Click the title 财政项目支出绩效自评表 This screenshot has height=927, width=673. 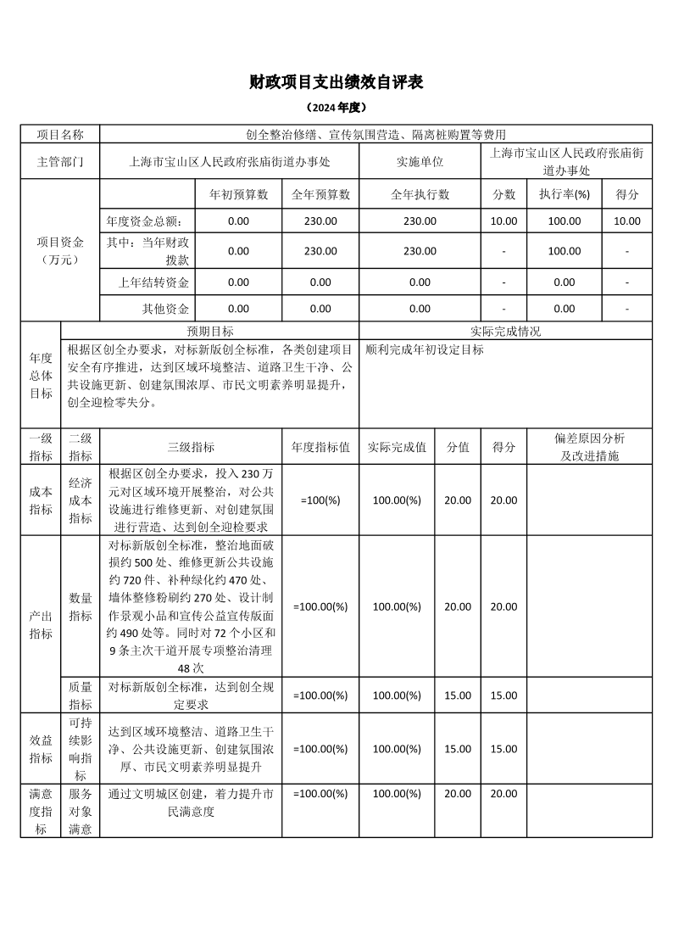click(336, 82)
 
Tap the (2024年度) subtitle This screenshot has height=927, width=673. click(336, 109)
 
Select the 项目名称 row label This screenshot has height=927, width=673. click(60, 134)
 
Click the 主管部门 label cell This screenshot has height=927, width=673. click(60, 161)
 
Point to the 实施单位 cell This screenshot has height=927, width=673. click(420, 161)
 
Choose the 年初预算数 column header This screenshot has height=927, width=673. click(239, 194)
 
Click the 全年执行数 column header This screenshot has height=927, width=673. click(420, 194)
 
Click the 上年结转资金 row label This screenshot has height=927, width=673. click(153, 282)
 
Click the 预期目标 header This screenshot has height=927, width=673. click(210, 331)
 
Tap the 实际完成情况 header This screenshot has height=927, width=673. click(505, 331)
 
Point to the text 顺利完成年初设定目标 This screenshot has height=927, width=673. click(425, 349)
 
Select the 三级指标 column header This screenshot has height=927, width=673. click(191, 446)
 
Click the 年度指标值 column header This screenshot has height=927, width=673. click(320, 446)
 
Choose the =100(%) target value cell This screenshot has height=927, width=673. click(320, 500)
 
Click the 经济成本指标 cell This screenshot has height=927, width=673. click(81, 500)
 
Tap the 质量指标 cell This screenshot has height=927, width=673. click(81, 695)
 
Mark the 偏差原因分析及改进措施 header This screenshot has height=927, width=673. click(589, 446)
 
